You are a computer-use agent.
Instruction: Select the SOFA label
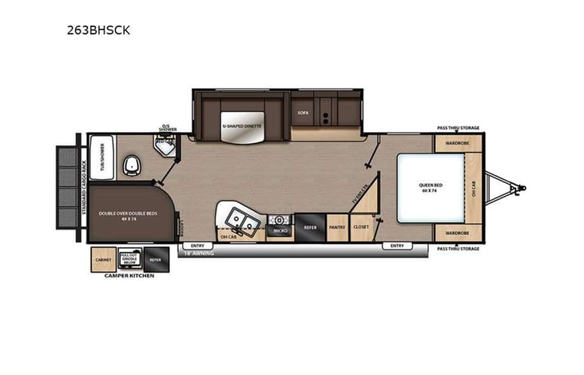[303, 113]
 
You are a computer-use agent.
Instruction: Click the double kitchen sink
[240, 218]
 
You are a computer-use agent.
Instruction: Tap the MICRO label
[280, 230]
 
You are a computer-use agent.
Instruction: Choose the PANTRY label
[338, 227]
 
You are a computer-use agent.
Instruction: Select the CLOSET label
[361, 227]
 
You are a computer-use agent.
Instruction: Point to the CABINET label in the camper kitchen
[103, 260]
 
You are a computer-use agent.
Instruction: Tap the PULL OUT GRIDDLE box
[129, 259]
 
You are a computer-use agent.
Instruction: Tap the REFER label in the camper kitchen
[155, 260]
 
